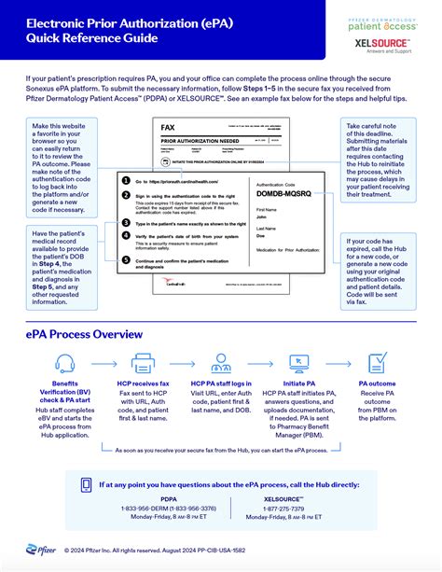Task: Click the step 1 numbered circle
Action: [x=126, y=180]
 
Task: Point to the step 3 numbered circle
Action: [x=126, y=225]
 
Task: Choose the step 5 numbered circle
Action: [x=126, y=261]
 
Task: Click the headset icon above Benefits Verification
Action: [x=65, y=364]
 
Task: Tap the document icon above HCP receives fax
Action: [x=144, y=364]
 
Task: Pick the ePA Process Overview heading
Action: [x=84, y=333]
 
